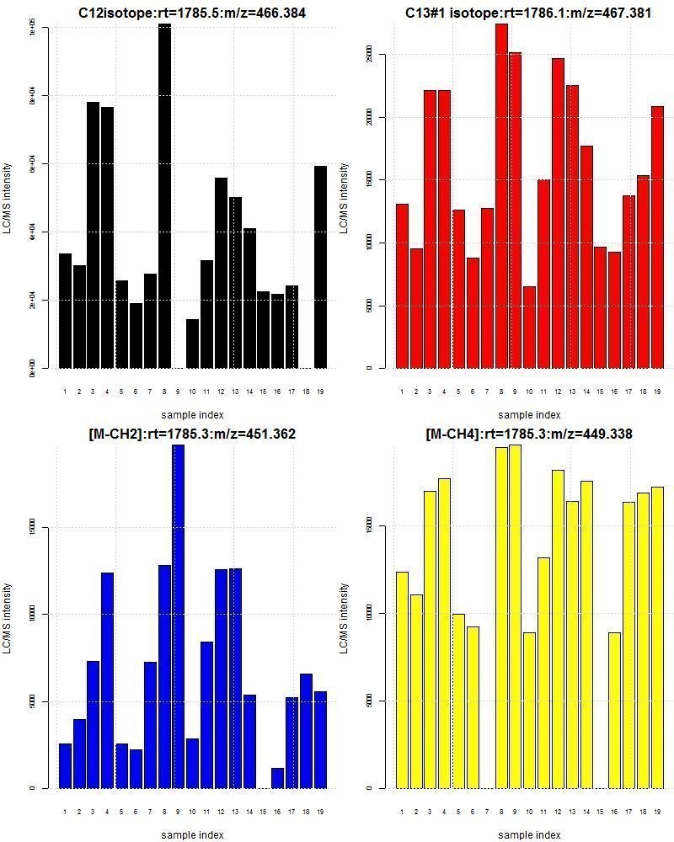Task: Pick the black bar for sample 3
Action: [94, 235]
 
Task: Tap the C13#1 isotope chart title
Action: [527, 13]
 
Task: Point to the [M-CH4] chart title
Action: [528, 434]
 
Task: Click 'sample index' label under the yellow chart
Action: [528, 834]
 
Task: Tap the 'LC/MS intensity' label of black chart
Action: [8, 198]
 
